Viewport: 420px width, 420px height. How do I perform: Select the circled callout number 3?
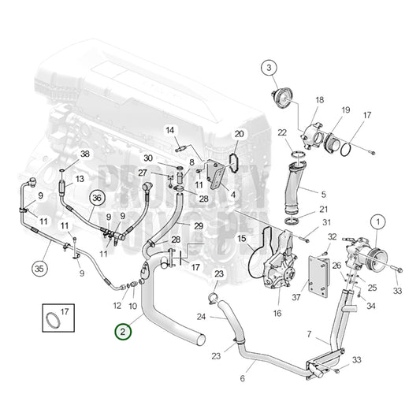[x=270, y=69]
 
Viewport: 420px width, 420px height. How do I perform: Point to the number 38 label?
[x=85, y=154]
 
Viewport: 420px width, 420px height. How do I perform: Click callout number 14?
[x=169, y=129]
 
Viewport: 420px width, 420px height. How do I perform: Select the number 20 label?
[x=240, y=135]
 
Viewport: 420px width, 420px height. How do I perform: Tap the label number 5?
[x=323, y=193]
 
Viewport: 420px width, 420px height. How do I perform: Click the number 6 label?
[x=241, y=378]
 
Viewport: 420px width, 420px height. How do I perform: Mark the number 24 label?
[x=202, y=317]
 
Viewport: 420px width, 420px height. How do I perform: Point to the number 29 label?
[x=199, y=225]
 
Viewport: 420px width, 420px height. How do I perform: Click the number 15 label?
[x=242, y=238]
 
